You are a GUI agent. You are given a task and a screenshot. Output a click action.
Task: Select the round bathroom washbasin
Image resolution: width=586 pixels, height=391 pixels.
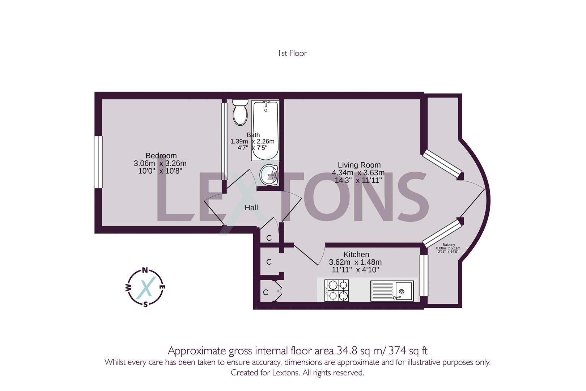[269, 175]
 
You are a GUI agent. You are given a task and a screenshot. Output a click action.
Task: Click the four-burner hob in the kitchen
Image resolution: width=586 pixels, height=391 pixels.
[336, 290]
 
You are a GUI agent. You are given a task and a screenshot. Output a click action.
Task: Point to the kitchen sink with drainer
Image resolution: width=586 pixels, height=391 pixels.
[392, 291]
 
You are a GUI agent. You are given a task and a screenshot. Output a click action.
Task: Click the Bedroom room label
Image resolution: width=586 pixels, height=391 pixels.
[161, 156]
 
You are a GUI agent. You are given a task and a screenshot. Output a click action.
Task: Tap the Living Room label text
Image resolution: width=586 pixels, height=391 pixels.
[359, 165]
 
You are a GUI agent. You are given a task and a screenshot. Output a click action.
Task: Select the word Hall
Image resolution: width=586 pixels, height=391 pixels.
[251, 208]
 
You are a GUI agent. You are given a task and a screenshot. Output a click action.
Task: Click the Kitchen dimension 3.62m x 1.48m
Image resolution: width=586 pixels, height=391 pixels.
[355, 262]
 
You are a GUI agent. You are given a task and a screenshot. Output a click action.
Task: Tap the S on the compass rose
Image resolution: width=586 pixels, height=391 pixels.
[145, 304]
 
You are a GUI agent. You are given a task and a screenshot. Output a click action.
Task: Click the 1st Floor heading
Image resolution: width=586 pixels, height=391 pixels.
[292, 53]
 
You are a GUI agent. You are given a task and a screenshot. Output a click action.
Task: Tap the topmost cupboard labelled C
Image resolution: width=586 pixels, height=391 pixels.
[269, 238]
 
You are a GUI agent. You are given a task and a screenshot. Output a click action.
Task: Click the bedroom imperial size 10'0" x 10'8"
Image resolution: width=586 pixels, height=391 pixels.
[160, 171]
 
